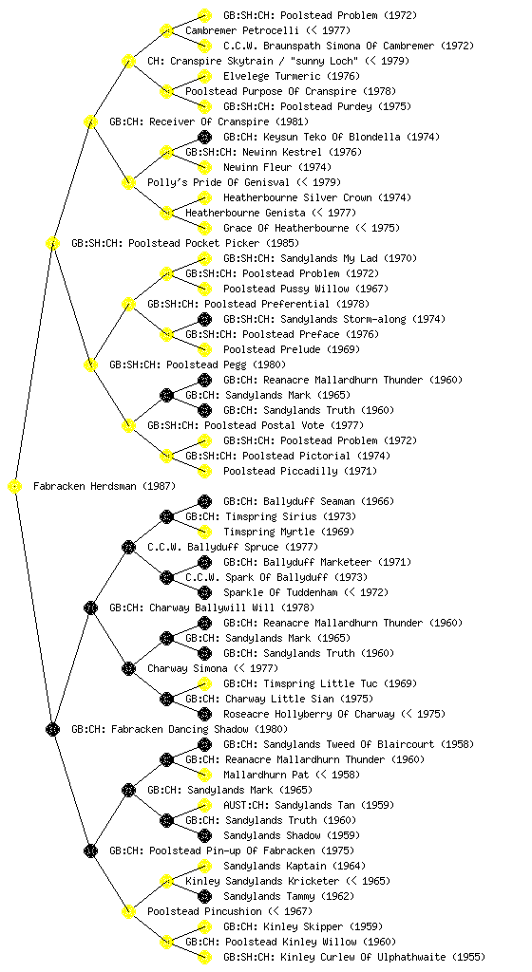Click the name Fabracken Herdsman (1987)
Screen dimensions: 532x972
pyautogui.click(x=104, y=487)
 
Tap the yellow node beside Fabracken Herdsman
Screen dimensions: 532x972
pyautogui.click(x=15, y=487)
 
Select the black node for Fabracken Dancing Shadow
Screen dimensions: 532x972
pyautogui.click(x=52, y=730)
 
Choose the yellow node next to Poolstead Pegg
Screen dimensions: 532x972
pyautogui.click(x=90, y=365)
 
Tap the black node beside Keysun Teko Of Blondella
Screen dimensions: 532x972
pyautogui.click(x=204, y=137)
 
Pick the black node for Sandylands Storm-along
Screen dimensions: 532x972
pyautogui.click(x=204, y=319)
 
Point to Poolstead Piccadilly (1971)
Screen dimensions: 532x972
pyautogui.click(x=299, y=472)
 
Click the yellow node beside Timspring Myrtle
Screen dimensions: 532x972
pyautogui.click(x=204, y=532)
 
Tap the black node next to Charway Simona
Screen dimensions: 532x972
pyautogui.click(x=128, y=669)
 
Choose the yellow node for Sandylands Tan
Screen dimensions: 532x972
pyautogui.click(x=204, y=805)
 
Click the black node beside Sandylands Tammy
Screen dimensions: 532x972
pyautogui.click(x=204, y=896)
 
